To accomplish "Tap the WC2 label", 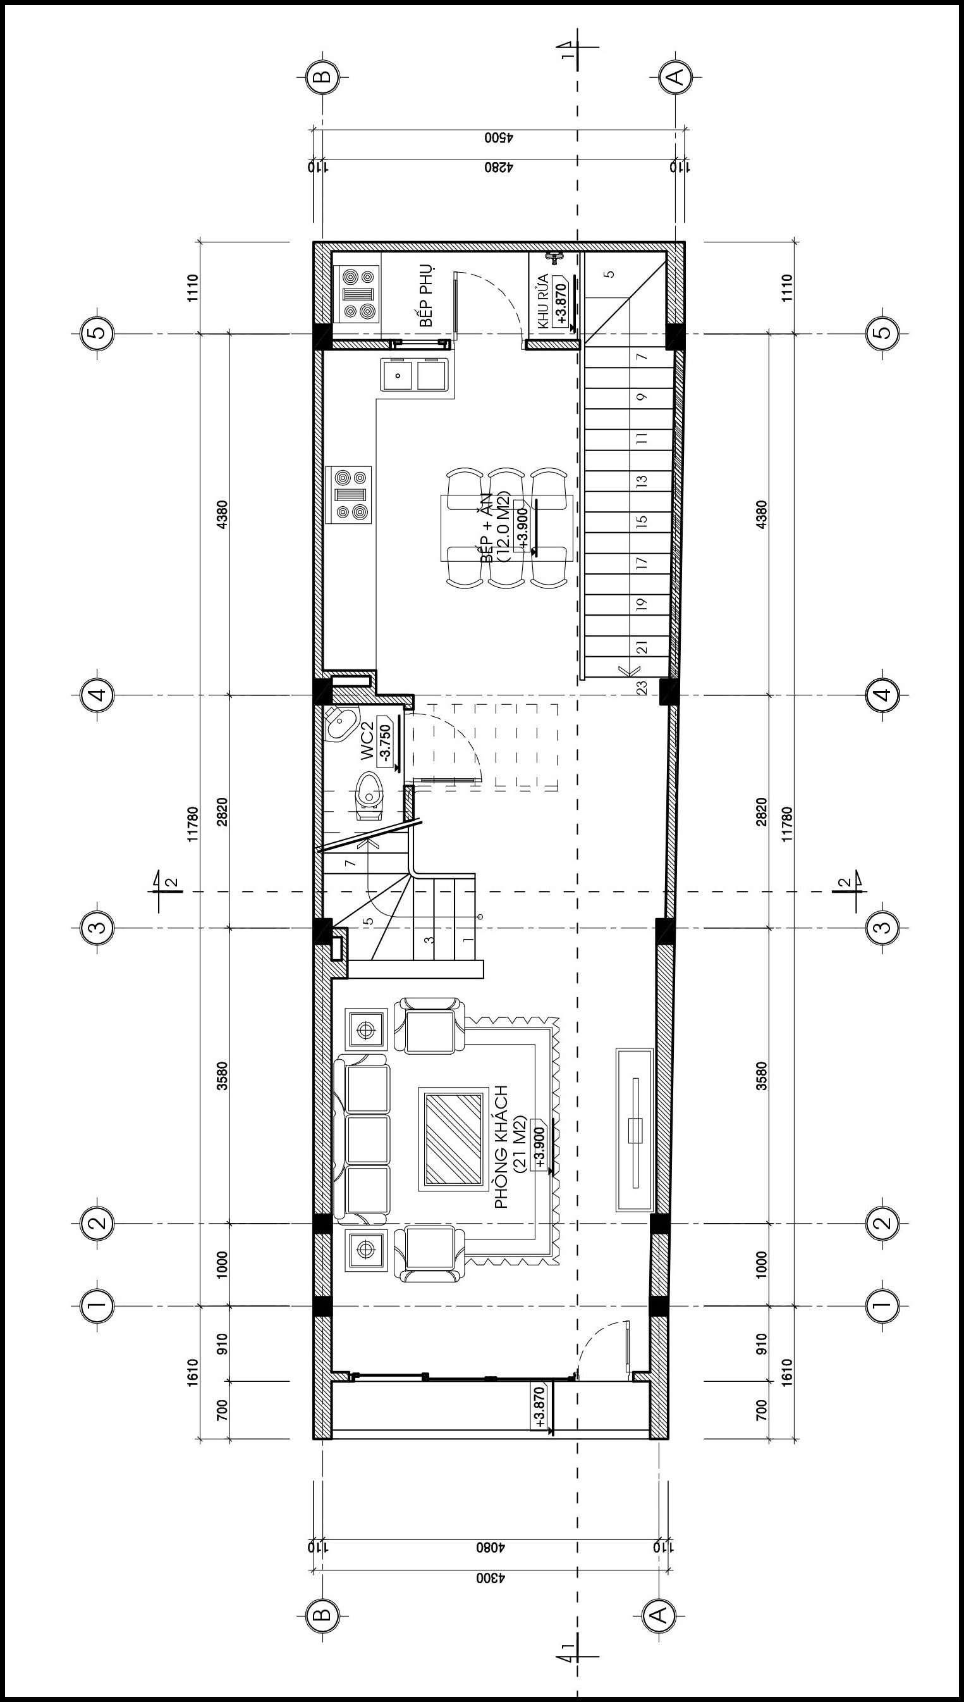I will [x=367, y=742].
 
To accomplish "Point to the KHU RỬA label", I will [x=544, y=301].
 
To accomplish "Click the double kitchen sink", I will [x=416, y=375].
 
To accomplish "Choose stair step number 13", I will [x=641, y=481].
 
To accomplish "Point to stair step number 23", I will [x=642, y=688].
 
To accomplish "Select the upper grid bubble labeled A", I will [x=676, y=77].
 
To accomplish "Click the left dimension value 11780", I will [x=193, y=824].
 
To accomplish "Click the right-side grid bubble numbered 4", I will [x=882, y=695].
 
